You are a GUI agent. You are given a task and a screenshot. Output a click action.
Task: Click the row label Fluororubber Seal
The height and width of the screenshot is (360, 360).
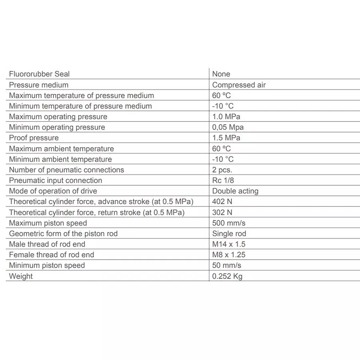coord(39,74)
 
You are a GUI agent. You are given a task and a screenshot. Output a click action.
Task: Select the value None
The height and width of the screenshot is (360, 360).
coord(221,74)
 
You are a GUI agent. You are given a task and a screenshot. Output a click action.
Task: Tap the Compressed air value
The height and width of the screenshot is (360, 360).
coord(239,85)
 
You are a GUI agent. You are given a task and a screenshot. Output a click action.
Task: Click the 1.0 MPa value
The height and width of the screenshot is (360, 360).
coord(226,117)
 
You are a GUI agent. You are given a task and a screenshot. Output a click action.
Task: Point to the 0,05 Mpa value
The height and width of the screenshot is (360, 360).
coord(228,127)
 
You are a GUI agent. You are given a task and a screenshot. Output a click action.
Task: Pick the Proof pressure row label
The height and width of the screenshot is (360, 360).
coord(34,138)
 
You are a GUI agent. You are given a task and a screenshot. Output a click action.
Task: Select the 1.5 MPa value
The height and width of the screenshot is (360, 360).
coord(226,138)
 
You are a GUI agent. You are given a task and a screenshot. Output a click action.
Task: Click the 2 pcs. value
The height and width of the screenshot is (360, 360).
coord(222,170)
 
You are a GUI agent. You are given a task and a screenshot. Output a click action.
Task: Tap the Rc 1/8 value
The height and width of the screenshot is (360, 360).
coord(223,180)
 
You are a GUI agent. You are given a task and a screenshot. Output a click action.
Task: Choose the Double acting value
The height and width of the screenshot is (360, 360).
coord(235,191)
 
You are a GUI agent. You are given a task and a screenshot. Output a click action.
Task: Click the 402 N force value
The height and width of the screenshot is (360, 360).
coord(222,202)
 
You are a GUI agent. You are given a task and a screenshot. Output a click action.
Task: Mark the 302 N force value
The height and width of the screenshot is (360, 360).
coord(222,212)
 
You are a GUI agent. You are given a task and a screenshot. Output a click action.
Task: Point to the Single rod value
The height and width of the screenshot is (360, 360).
coord(229,234)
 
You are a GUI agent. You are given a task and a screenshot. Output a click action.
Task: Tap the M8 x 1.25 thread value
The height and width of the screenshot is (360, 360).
coord(229,255)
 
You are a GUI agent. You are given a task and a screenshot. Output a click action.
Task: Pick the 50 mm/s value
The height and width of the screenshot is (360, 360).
coord(227,265)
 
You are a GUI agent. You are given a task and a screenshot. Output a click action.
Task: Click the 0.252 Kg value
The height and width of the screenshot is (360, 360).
coord(227,276)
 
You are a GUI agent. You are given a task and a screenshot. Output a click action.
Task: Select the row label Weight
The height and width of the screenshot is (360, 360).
coord(21,276)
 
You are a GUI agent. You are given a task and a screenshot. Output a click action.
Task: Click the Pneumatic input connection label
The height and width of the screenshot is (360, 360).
coord(56,180)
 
